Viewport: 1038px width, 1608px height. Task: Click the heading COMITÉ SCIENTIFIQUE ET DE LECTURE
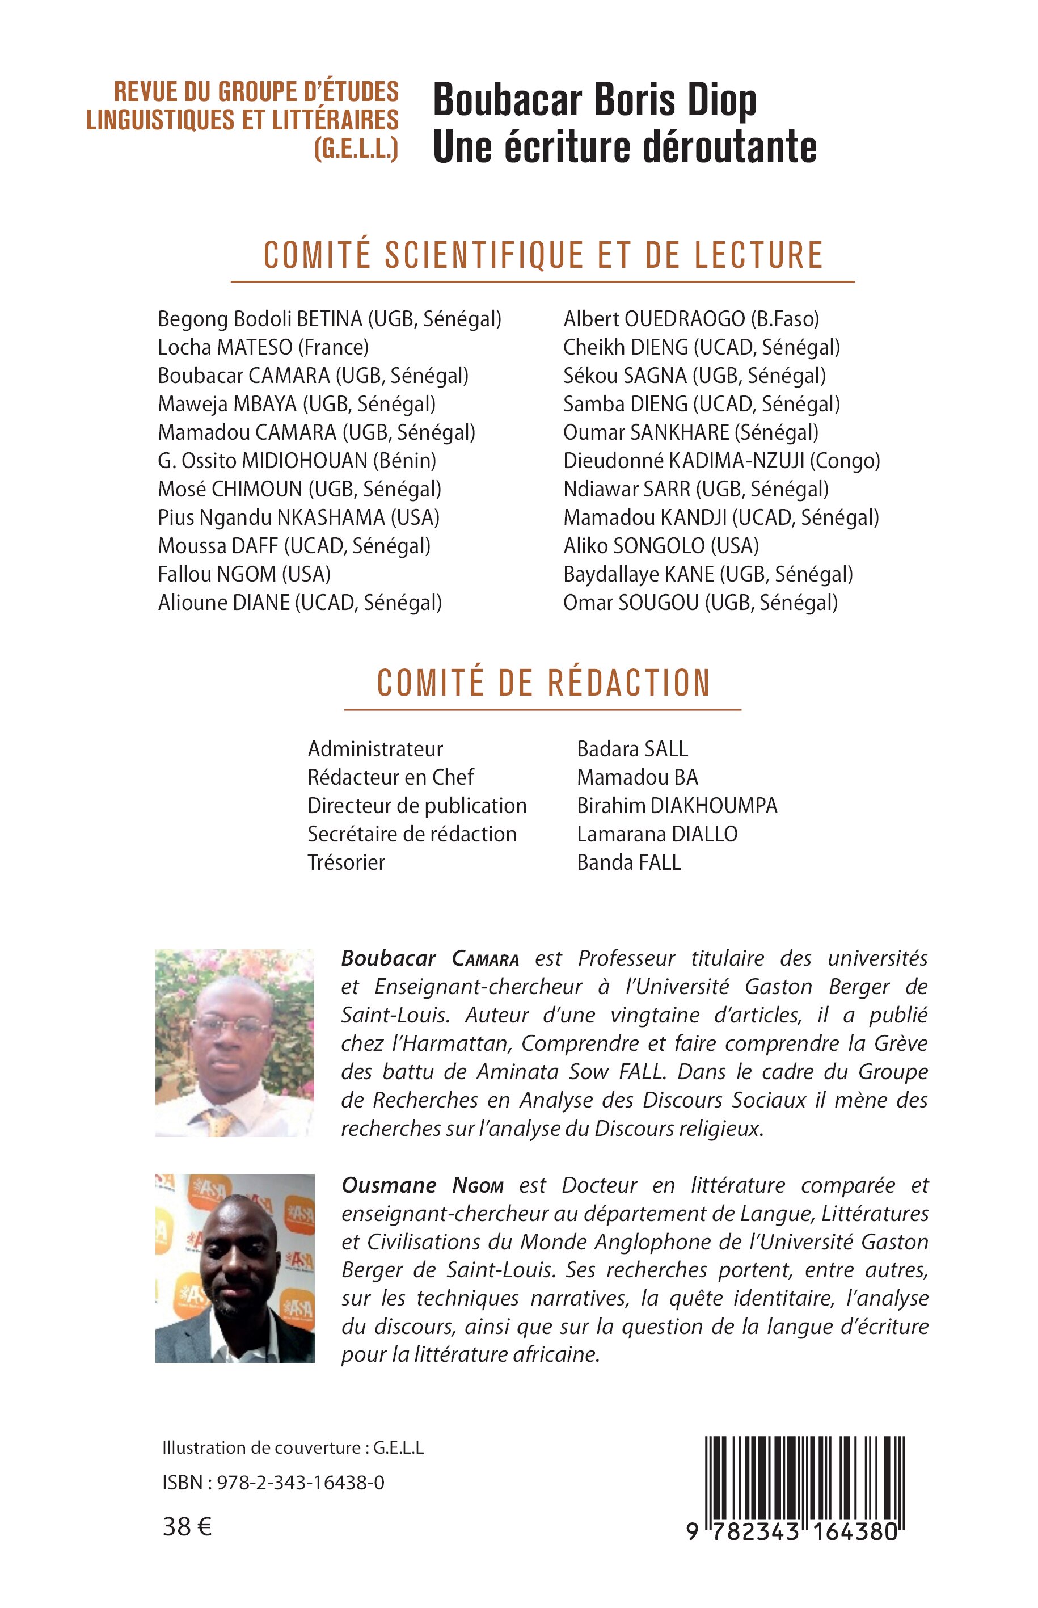[x=543, y=255]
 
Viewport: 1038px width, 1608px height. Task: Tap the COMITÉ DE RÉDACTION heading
[x=543, y=683]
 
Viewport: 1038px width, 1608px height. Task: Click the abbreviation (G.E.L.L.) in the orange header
[x=357, y=148]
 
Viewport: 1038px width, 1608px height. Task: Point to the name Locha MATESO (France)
[x=263, y=348]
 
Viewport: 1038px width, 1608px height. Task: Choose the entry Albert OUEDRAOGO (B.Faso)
[x=691, y=319]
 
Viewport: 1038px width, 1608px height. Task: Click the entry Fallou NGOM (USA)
[x=244, y=574]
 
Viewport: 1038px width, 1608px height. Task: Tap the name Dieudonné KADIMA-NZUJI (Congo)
[x=721, y=461]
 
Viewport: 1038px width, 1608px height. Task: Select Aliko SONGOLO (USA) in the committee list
[x=661, y=546]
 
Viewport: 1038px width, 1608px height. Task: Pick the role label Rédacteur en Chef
[x=390, y=777]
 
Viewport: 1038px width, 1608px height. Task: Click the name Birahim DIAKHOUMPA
[x=677, y=806]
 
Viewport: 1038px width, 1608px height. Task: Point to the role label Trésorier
[x=346, y=862]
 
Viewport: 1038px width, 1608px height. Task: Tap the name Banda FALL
[x=629, y=862]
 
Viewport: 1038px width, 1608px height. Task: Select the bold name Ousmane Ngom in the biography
[x=422, y=1185]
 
